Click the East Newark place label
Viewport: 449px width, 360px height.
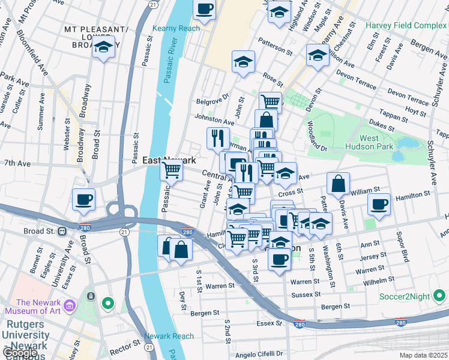coord(169,160)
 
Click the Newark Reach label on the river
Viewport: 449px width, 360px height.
coord(169,336)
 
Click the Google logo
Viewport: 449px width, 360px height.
coord(20,352)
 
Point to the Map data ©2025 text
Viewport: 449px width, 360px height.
coord(422,355)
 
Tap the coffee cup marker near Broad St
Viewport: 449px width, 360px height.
coord(84,199)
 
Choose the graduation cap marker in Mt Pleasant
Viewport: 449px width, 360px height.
coord(104,47)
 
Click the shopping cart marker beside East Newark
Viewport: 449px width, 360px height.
coord(172,170)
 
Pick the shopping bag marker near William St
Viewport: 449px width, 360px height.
coord(339,183)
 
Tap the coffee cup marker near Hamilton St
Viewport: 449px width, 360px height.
coord(379,204)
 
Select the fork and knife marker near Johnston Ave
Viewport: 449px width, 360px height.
coord(218,138)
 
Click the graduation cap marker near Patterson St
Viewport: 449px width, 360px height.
coord(243,62)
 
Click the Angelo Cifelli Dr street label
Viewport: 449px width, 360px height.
coord(262,354)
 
